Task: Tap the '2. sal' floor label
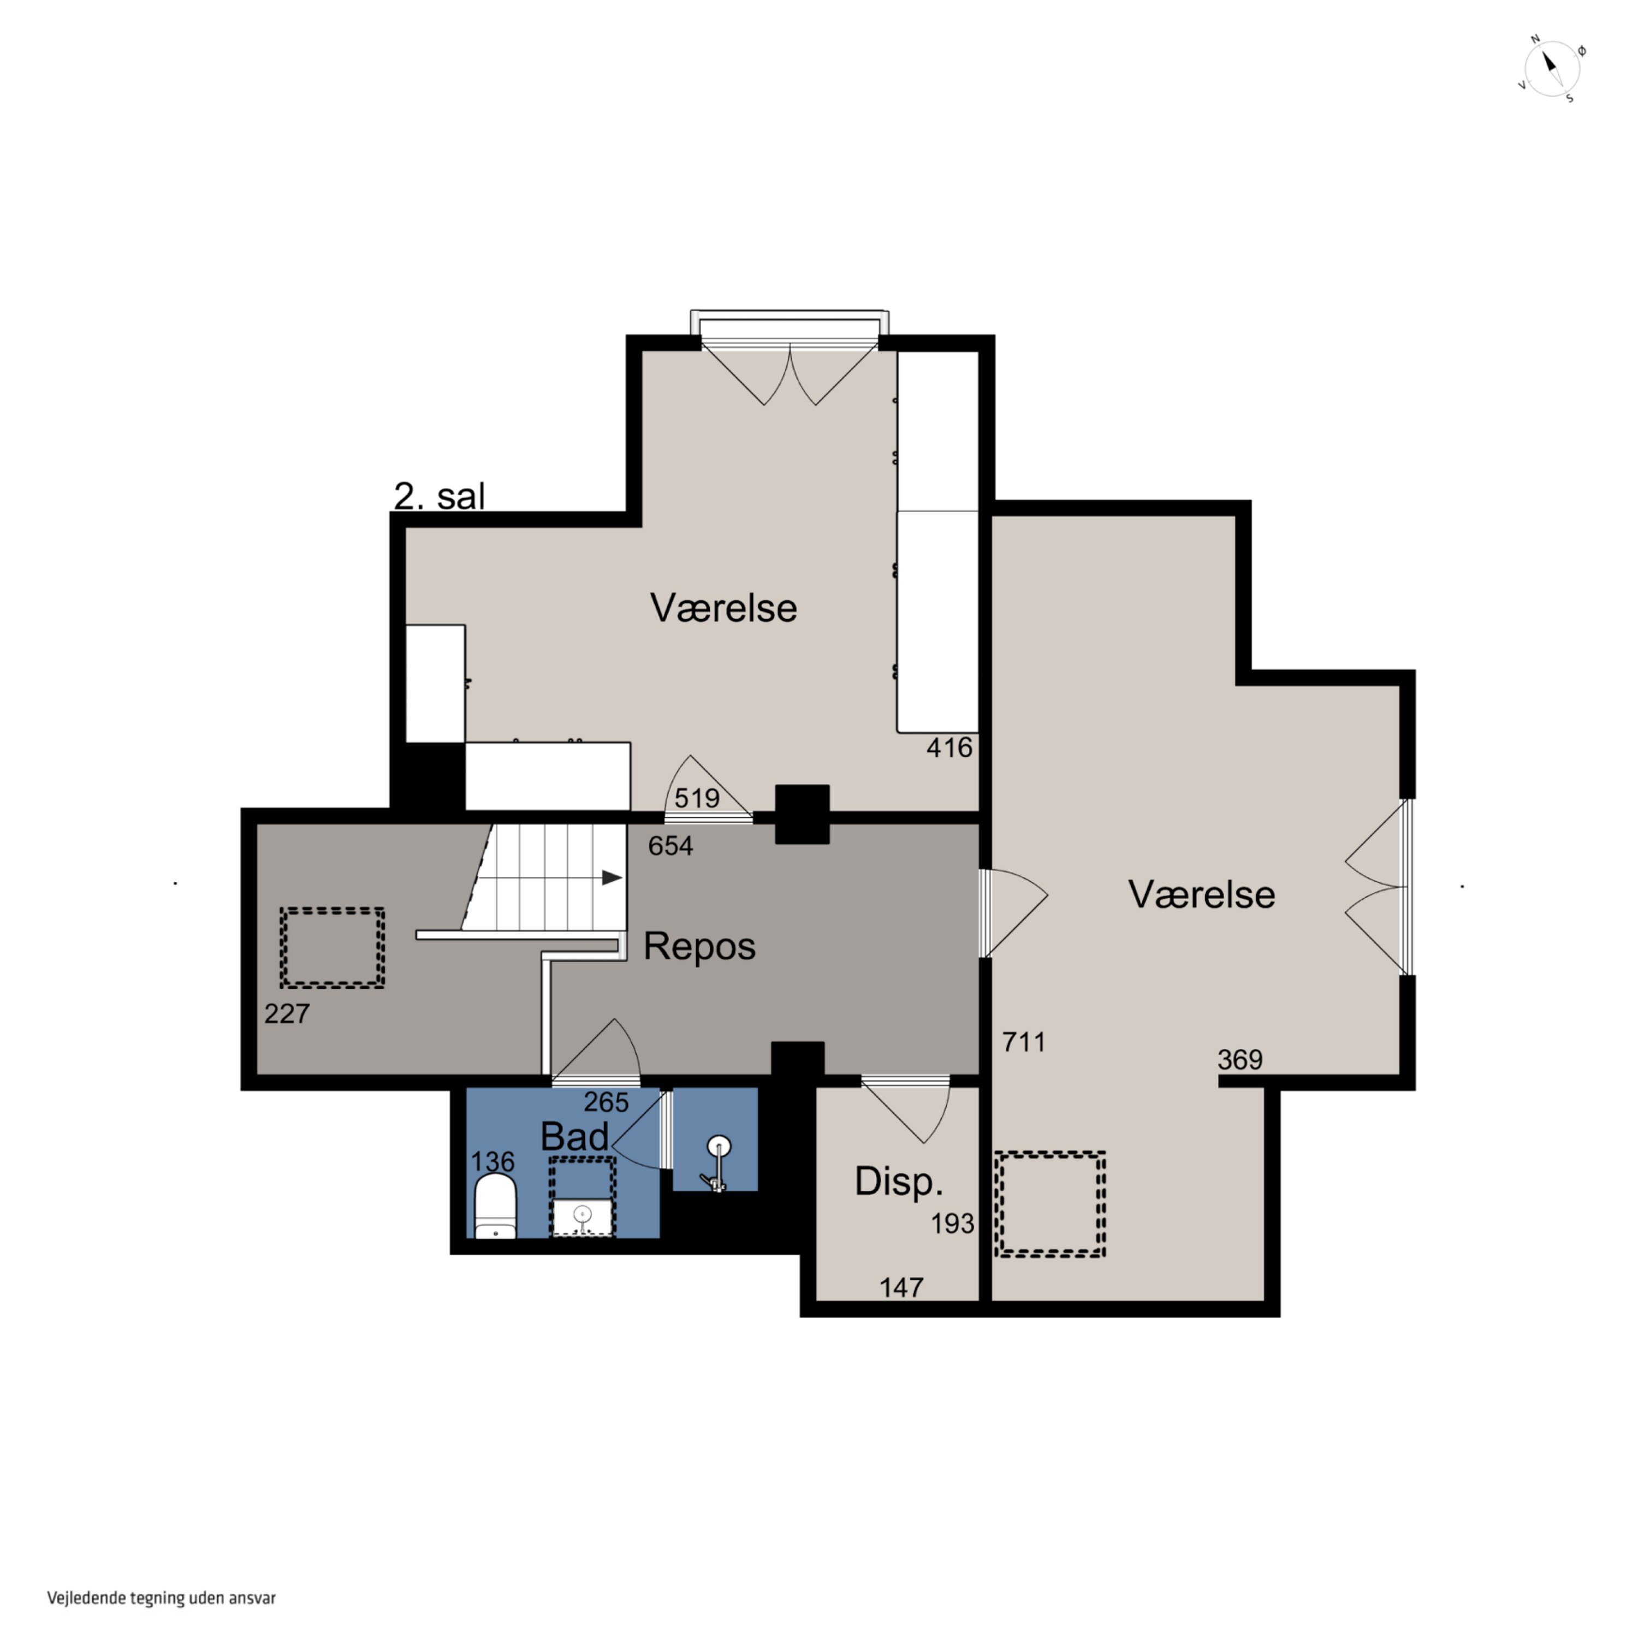[439, 496]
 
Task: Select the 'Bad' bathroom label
[575, 1136]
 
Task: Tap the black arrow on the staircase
[612, 877]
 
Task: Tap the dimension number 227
[287, 1013]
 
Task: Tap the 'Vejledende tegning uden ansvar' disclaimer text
[161, 1598]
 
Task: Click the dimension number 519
[697, 798]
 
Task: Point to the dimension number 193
[953, 1224]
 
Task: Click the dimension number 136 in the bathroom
[492, 1161]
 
